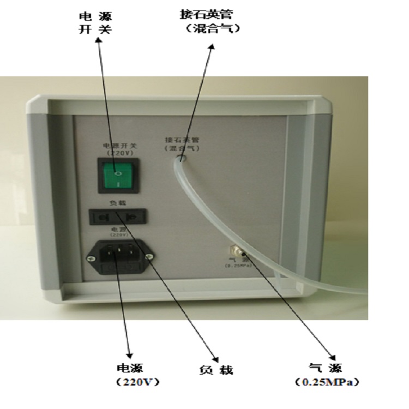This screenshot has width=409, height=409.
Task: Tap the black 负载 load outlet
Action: (x=119, y=217)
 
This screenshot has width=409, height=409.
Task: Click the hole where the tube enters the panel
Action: (x=183, y=159)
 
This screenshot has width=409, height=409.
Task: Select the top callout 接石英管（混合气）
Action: (x=213, y=21)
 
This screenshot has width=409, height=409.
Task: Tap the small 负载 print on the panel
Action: (x=119, y=203)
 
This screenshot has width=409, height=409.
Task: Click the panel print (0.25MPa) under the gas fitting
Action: (x=236, y=266)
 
